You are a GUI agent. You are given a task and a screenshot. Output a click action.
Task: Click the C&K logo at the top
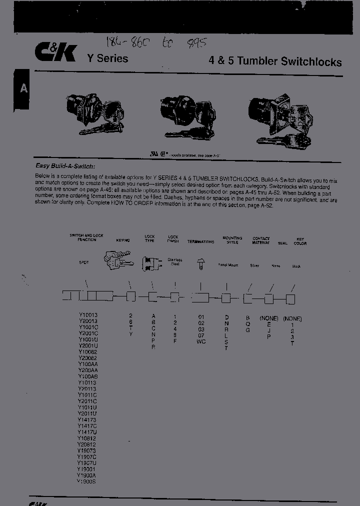[55, 52]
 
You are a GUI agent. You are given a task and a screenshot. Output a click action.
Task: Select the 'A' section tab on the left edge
[23, 89]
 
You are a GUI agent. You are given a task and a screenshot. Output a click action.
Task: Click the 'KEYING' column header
[122, 240]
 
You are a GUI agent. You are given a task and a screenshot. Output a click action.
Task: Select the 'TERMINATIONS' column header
[200, 242]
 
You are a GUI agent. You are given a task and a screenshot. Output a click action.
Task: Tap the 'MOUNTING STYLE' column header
[232, 240]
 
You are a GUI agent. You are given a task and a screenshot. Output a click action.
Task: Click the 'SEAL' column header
[282, 243]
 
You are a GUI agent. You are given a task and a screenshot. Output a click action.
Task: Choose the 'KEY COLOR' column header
[300, 241]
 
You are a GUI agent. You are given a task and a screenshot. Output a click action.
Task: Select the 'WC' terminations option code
[201, 341]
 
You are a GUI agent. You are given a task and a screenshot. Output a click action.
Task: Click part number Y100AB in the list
[87, 376]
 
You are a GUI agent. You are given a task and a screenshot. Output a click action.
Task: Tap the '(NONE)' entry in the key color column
[292, 318]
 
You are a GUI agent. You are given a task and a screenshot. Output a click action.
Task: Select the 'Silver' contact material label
[254, 265]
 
